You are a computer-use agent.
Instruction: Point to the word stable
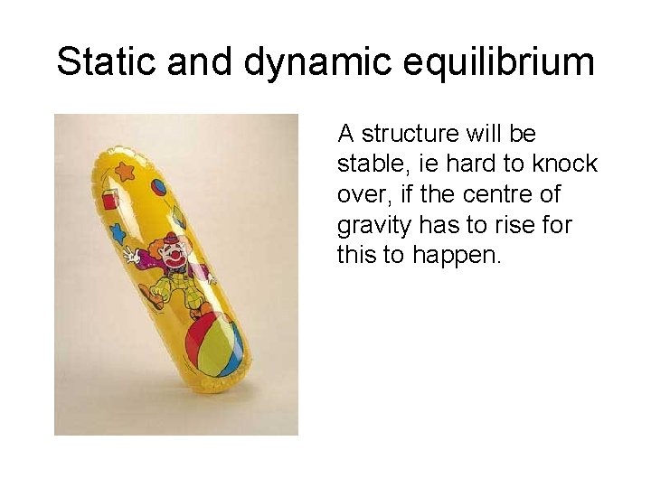coord(366,164)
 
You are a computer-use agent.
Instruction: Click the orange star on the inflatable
coord(126,170)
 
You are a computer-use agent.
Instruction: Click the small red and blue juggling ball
coord(160,188)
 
